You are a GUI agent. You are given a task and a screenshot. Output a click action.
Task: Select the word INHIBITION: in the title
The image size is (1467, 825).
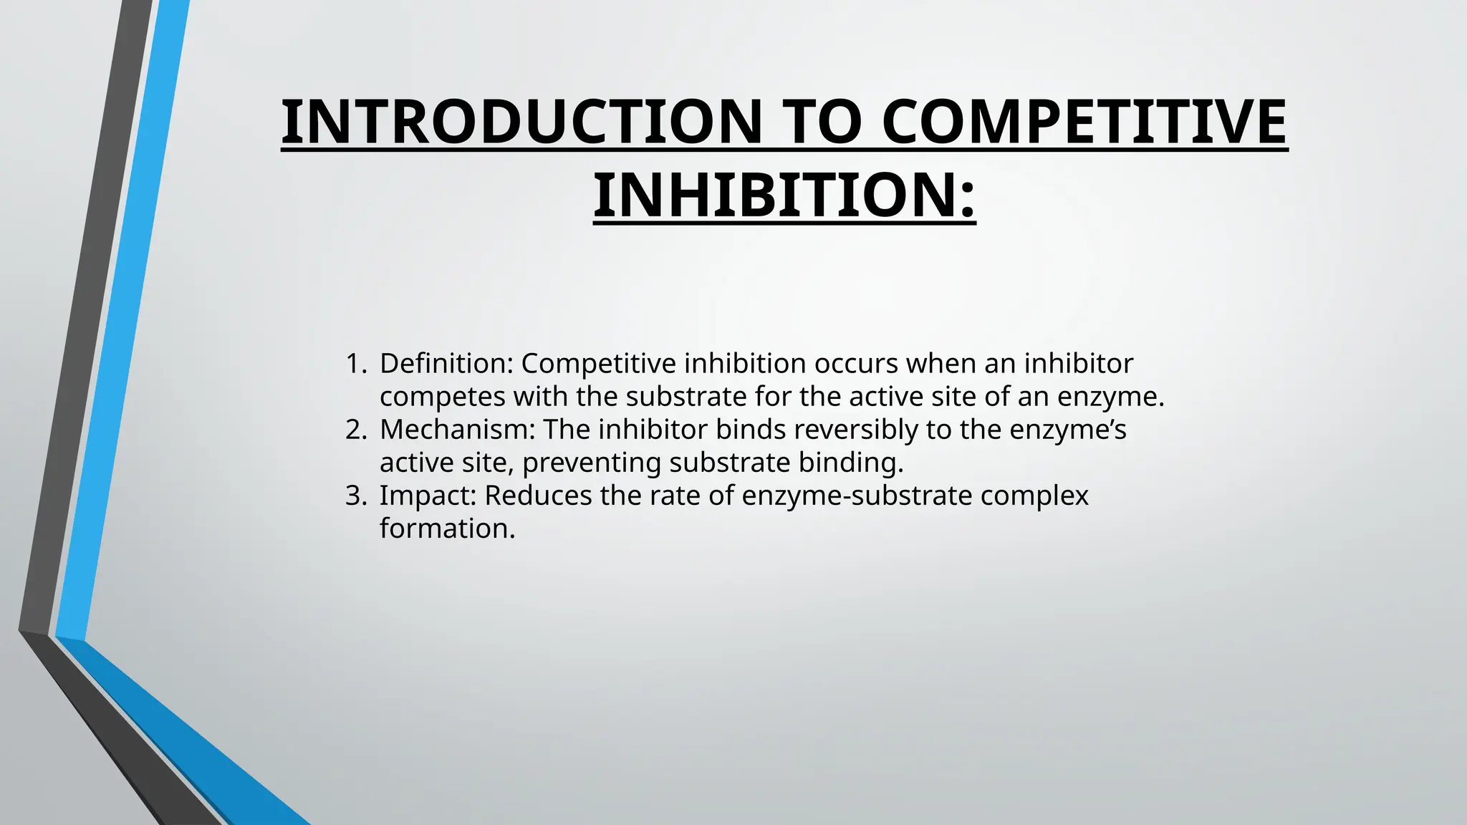click(x=784, y=196)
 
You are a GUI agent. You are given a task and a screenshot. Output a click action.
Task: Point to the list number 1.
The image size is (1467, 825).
click(x=355, y=364)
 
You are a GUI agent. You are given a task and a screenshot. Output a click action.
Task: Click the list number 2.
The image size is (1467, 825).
click(x=355, y=430)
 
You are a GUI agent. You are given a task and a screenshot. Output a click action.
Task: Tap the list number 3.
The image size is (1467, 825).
click(x=355, y=496)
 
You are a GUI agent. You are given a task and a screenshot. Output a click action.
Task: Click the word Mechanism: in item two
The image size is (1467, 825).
click(x=458, y=430)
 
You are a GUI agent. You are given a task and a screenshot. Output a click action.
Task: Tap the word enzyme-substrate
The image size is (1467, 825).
click(x=857, y=496)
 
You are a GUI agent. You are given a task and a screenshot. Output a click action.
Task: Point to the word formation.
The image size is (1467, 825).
click(x=448, y=529)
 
